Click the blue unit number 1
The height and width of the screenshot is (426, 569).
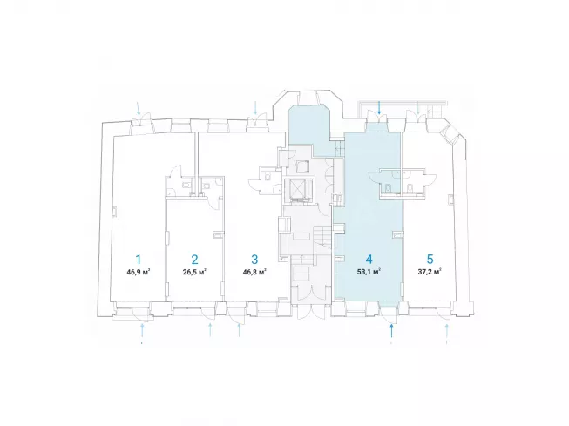[139, 260]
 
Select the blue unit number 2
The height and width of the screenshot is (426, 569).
[195, 260]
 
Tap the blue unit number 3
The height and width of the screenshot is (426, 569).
[254, 260]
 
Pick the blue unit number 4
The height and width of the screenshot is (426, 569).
[369, 260]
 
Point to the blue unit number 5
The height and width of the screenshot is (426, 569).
[430, 260]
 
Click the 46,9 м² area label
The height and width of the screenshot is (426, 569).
[139, 272]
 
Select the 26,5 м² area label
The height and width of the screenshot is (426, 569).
[195, 272]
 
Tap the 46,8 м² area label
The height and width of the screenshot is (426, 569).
[254, 272]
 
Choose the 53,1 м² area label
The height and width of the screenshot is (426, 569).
[369, 272]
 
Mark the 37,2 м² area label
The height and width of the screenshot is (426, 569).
[430, 272]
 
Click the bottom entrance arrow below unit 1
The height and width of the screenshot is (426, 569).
[142, 330]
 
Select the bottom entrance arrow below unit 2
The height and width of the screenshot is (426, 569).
[210, 330]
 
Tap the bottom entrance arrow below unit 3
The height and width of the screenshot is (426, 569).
[239, 330]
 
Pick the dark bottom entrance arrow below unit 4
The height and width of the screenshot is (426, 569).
[391, 330]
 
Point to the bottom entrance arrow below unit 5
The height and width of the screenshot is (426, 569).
[447, 330]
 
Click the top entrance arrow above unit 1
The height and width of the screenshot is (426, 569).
[139, 108]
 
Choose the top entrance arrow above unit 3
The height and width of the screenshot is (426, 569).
[255, 108]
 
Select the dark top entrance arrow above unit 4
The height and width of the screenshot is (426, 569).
[379, 108]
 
